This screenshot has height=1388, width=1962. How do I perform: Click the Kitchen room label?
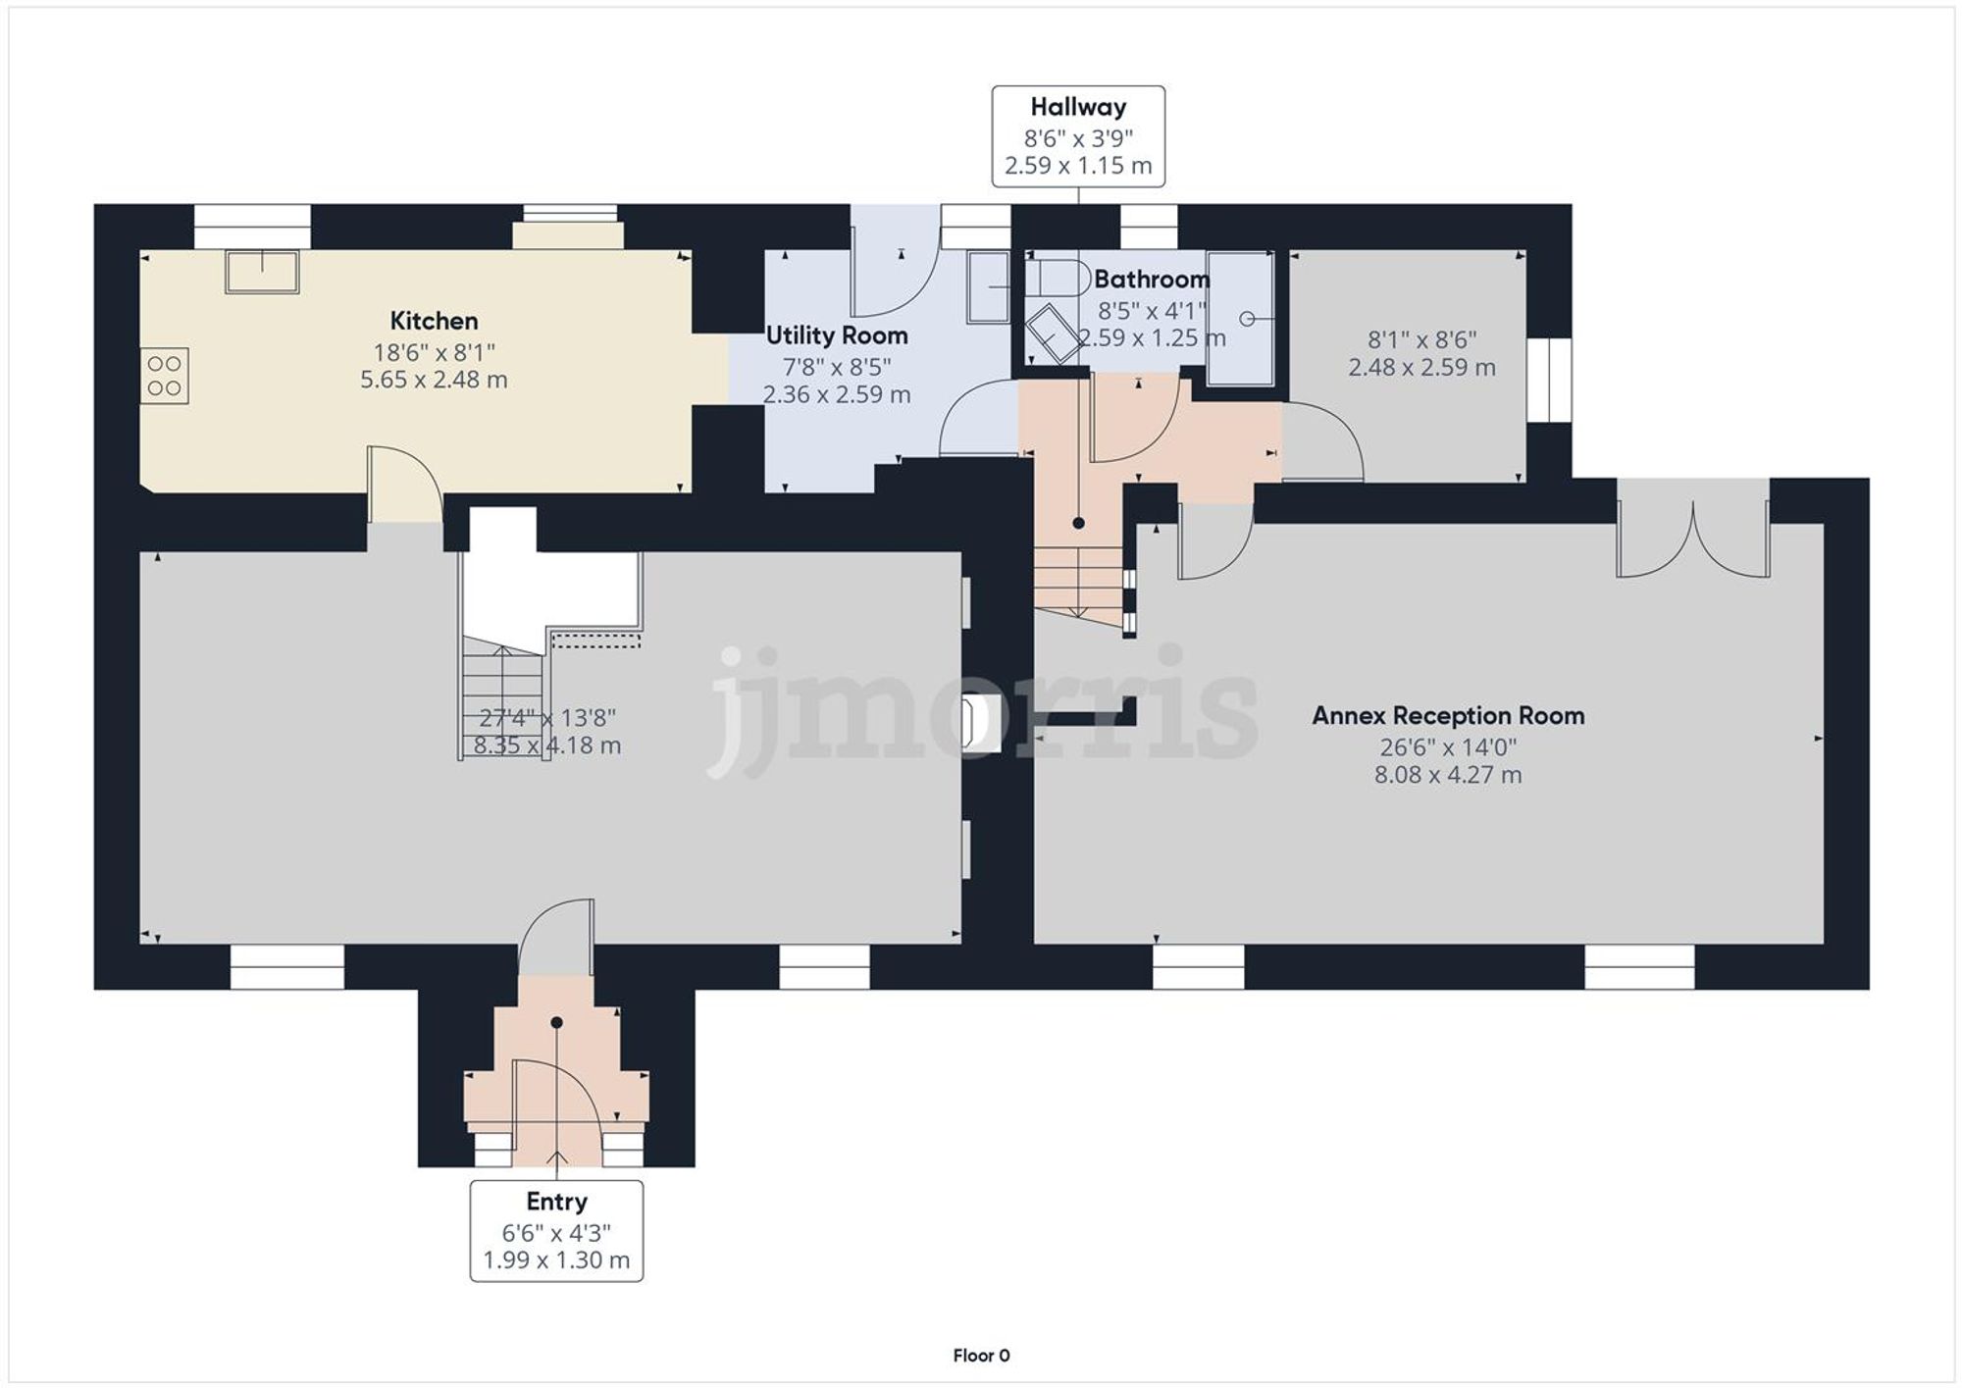coord(434,321)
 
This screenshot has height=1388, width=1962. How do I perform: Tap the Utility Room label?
coord(836,335)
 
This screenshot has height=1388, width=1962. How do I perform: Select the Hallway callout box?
coord(1078,136)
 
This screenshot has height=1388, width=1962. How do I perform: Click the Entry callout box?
coord(556,1230)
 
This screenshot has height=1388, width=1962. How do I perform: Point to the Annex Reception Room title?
coord(1448,716)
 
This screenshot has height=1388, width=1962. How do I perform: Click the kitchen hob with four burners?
coord(164,376)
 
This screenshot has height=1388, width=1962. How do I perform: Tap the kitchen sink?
coord(262,271)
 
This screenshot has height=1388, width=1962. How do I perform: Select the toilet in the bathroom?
coord(1058,278)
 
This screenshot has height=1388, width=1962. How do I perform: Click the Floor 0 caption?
coord(981,1356)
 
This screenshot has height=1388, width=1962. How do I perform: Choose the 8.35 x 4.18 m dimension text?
coord(546,745)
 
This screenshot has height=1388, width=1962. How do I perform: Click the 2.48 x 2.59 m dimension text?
coord(1421,368)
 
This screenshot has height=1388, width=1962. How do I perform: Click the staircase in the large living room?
coord(502,696)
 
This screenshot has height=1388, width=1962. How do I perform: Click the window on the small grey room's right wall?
coord(1549,381)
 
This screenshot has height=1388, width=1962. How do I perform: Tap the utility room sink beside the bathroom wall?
coord(988,286)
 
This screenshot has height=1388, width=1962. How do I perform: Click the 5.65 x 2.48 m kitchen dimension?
coord(434,380)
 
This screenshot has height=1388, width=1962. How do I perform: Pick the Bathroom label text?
coord(1152,280)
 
